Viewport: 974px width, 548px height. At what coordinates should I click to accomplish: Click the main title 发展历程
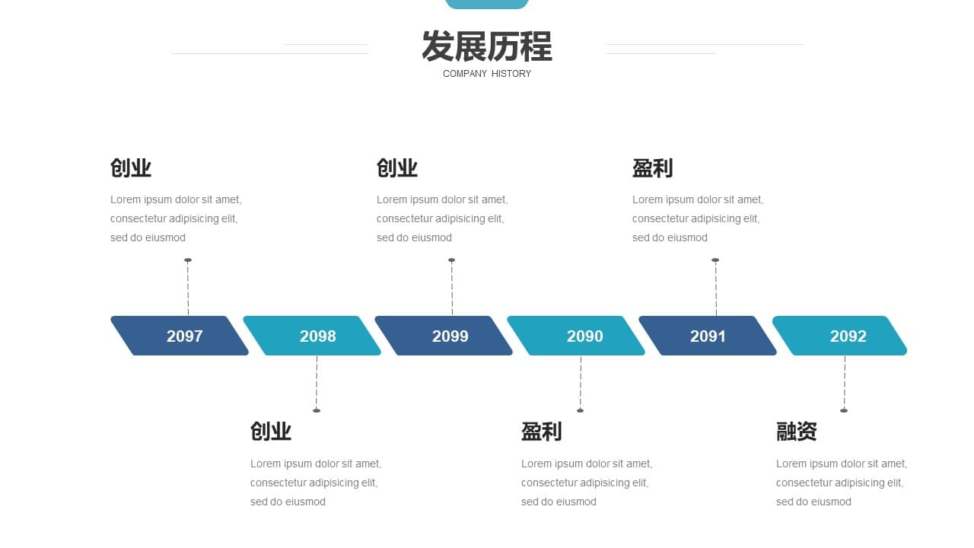(x=487, y=46)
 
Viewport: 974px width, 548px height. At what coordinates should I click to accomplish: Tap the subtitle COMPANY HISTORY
(x=487, y=74)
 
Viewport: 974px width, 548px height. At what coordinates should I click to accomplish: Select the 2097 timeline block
(x=180, y=336)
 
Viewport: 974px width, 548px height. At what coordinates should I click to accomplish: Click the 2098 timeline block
(x=312, y=336)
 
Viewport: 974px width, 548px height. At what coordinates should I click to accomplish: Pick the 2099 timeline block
(x=444, y=336)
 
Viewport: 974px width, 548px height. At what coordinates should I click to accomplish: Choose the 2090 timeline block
(x=576, y=336)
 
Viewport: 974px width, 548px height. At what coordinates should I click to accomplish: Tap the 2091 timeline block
(x=708, y=336)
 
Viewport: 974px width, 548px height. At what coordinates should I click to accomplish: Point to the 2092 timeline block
(x=839, y=336)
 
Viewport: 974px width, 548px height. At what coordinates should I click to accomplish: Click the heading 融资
(x=797, y=432)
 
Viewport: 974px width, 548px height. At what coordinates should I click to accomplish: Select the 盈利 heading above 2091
(x=653, y=168)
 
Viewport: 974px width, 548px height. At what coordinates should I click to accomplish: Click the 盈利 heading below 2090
(x=542, y=432)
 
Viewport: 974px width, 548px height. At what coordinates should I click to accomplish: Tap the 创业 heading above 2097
(x=131, y=168)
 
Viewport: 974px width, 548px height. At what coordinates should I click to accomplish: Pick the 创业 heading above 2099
(x=397, y=168)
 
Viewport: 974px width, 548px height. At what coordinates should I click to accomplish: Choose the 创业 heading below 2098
(x=271, y=432)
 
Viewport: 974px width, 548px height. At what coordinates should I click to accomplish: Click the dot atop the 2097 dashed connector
(x=188, y=260)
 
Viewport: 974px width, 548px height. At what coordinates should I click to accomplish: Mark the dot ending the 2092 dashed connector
(x=844, y=410)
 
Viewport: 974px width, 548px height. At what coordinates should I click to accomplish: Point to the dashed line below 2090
(x=581, y=383)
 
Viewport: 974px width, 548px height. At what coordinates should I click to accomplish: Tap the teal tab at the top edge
(x=487, y=4)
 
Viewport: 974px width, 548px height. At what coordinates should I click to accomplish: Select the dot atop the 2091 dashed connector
(x=715, y=260)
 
